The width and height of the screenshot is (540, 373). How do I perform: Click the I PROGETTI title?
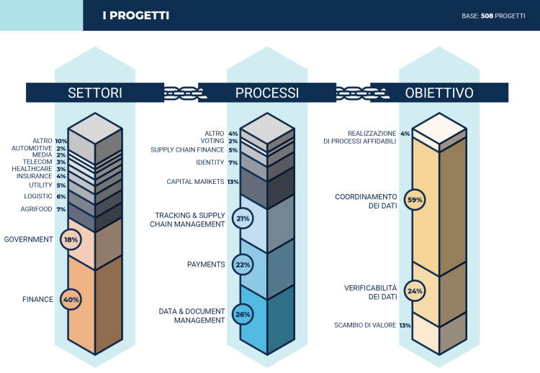tap(135, 15)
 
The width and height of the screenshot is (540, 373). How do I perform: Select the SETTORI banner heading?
tap(94, 93)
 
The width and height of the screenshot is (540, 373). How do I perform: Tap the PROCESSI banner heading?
tap(267, 93)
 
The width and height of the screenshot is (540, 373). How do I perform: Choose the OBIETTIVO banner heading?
tap(438, 93)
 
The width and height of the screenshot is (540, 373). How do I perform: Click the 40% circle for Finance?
tap(71, 299)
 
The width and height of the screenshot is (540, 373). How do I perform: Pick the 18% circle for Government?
tap(71, 239)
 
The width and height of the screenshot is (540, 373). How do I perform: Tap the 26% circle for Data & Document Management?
tap(243, 314)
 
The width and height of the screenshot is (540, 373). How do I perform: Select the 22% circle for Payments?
tap(243, 264)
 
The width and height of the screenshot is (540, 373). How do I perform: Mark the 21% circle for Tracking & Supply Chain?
tap(243, 218)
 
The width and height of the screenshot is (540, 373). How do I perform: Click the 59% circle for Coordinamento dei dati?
tap(415, 200)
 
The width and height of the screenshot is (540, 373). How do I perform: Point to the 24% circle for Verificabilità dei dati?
tap(415, 291)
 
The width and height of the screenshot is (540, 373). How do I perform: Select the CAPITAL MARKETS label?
tap(195, 182)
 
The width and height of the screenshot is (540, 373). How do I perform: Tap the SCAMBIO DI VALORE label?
tap(364, 326)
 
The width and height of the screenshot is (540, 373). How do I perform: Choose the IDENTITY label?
tap(210, 162)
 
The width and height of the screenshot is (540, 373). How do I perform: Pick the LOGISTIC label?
tap(39, 196)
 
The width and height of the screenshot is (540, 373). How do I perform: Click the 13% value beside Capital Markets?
tap(233, 182)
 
